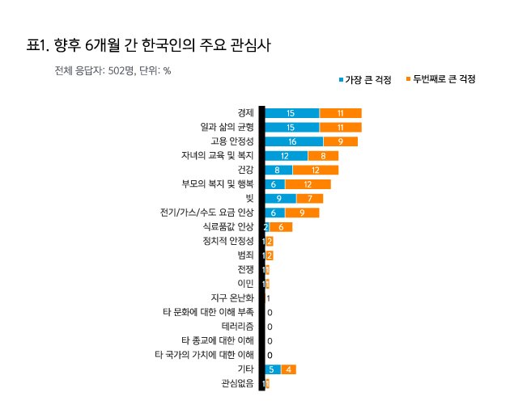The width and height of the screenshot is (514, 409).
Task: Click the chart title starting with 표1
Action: pos(148,45)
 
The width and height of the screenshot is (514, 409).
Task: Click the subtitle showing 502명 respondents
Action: pos(113,70)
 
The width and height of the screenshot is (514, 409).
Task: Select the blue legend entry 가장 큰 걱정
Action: pos(365,79)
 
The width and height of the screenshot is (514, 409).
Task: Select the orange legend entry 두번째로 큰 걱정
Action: pos(441,79)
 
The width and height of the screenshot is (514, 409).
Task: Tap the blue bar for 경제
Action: pos(291,113)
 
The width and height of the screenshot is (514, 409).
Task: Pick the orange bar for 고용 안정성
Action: pos(341,141)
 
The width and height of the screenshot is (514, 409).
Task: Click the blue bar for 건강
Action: pos(278,170)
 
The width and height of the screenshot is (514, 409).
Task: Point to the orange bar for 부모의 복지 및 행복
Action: pos(308,184)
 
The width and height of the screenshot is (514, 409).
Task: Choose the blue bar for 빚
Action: pos(280,199)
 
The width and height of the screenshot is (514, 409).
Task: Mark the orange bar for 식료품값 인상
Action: pos(281,227)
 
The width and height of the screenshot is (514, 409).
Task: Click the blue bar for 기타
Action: pos(273,369)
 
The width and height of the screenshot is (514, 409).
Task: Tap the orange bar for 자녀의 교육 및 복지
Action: pos(323,156)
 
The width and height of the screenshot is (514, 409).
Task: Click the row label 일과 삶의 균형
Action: pos(227,127)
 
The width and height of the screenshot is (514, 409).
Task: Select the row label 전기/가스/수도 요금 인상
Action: pos(207,213)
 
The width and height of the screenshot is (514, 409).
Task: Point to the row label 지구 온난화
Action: pos(232,297)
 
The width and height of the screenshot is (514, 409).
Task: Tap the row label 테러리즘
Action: pos(238,327)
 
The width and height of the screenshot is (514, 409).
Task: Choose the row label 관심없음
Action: pos(238,383)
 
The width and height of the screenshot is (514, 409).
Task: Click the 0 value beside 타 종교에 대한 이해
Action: pos(270,341)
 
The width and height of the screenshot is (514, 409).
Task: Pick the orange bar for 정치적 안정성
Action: pos(270,242)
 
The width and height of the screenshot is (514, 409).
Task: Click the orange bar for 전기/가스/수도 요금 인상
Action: pos(302,213)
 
